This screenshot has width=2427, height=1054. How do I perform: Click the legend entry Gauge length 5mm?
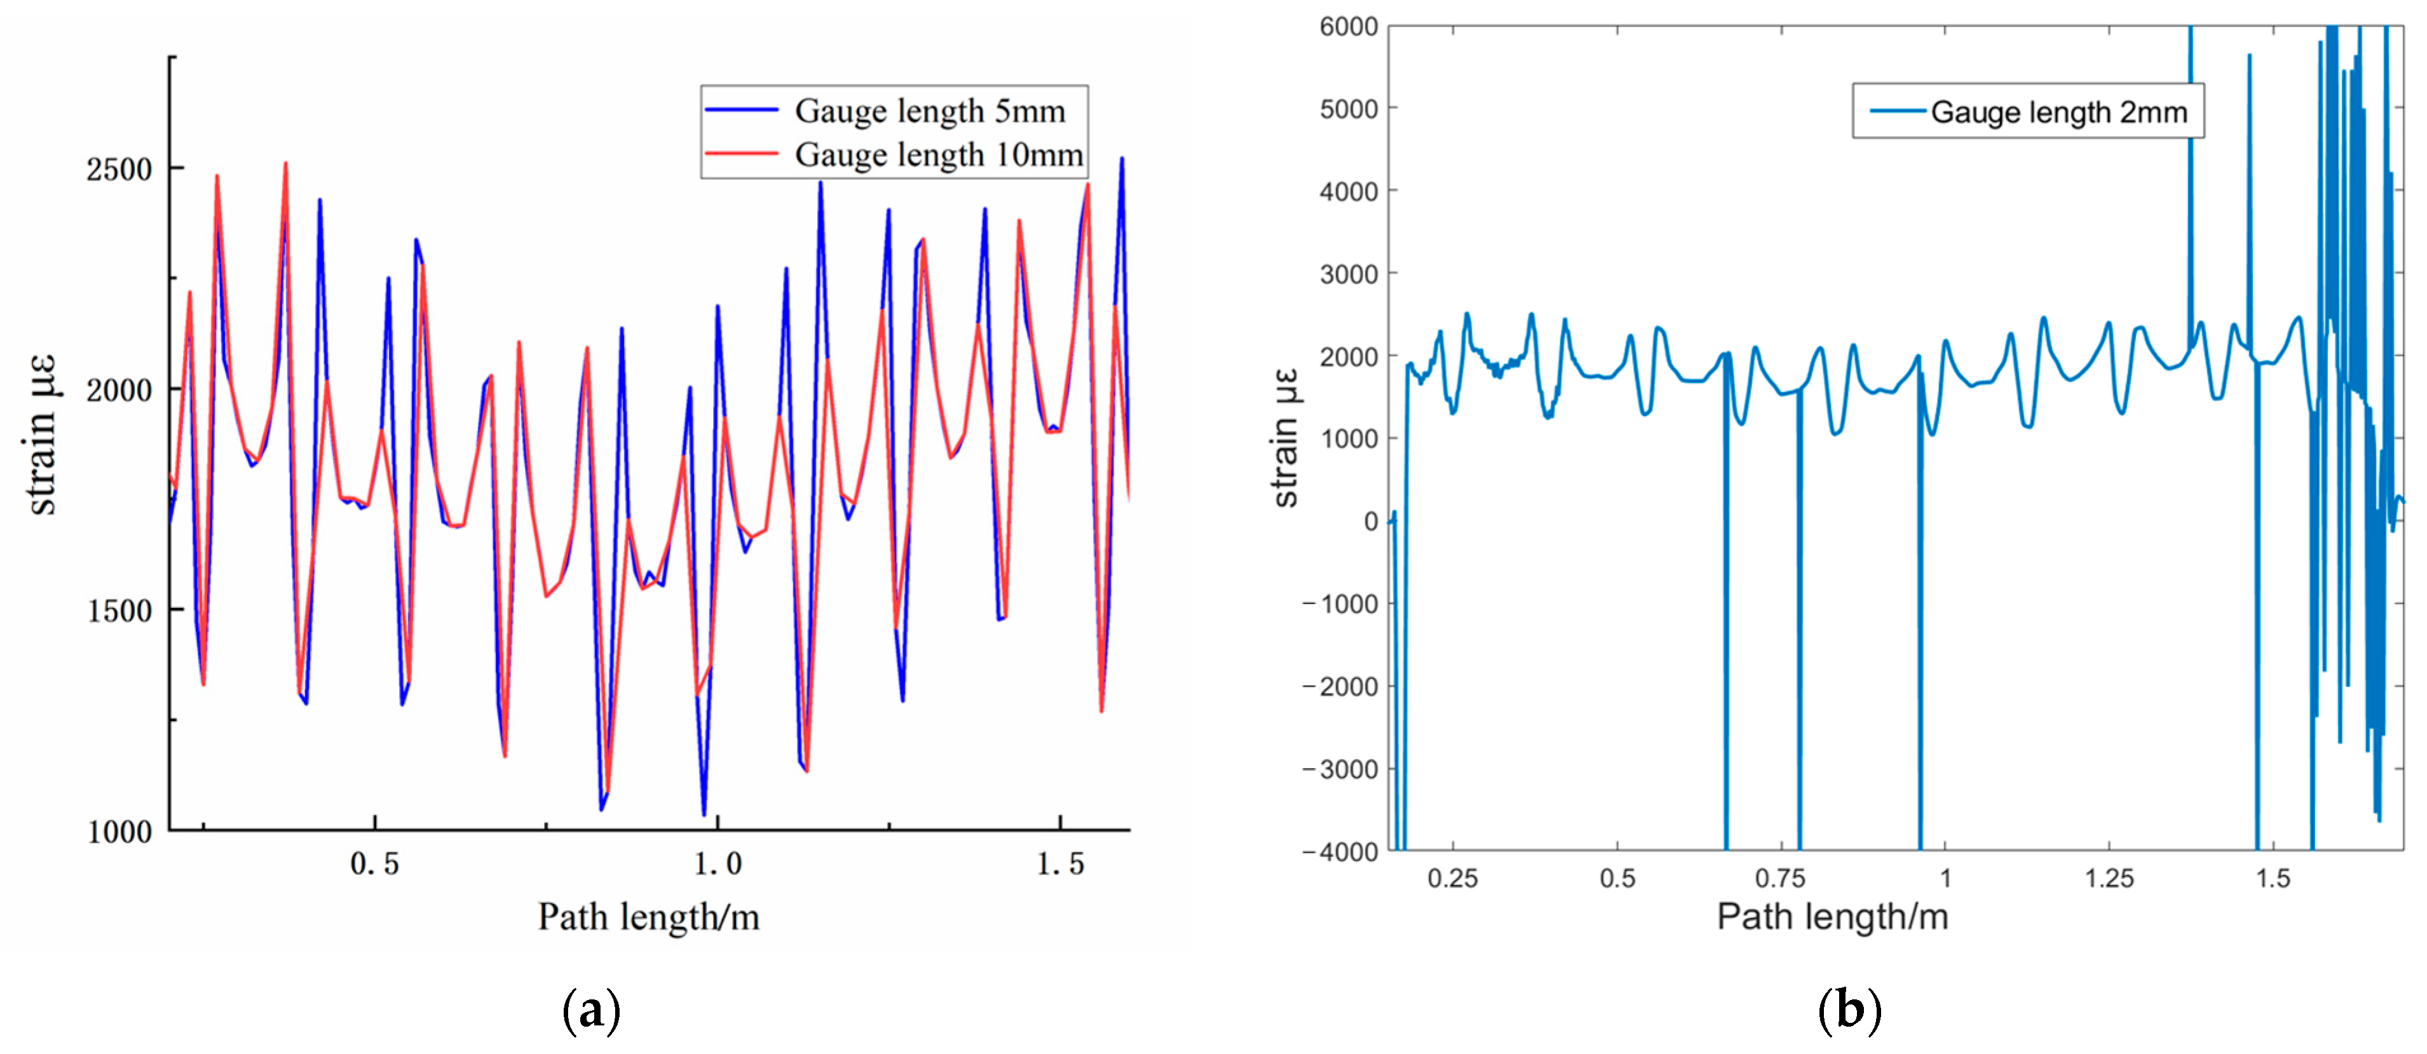click(x=929, y=111)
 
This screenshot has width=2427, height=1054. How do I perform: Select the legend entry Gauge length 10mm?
click(x=939, y=154)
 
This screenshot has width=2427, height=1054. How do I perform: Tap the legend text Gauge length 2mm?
click(x=2058, y=112)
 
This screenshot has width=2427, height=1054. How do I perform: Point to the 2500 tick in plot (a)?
click(x=119, y=170)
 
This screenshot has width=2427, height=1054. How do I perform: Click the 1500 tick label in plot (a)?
click(x=119, y=611)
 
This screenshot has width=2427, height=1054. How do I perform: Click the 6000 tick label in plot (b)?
click(x=1349, y=27)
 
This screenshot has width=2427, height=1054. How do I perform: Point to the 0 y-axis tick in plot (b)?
click(x=1370, y=521)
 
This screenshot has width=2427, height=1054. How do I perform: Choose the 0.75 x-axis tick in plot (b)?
click(x=1780, y=879)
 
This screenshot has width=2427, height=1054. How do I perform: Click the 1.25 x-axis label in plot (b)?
click(x=2109, y=879)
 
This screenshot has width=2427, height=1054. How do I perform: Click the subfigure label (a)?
click(x=591, y=1011)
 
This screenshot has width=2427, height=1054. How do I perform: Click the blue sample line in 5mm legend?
click(x=742, y=110)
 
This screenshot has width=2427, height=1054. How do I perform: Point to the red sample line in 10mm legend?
click(x=742, y=154)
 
